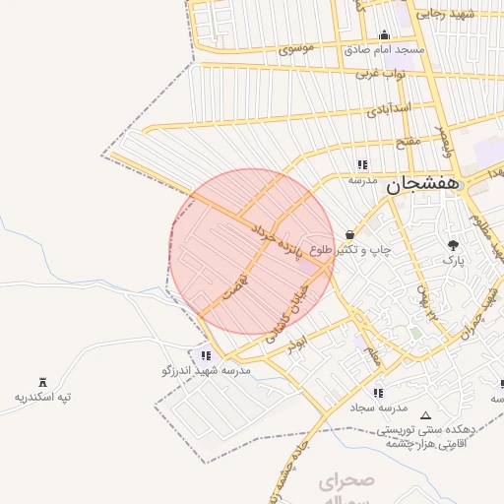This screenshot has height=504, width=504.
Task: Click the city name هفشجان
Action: [423, 184]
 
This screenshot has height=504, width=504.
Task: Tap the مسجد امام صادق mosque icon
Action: [384, 36]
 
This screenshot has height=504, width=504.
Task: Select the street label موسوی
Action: [296, 47]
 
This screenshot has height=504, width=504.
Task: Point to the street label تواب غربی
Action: [380, 74]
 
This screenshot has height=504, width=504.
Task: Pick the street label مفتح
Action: [408, 141]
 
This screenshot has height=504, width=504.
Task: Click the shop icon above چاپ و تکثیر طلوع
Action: [350, 234]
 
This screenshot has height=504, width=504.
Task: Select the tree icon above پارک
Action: [453, 245]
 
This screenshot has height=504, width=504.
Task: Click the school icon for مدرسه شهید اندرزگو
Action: [206, 355]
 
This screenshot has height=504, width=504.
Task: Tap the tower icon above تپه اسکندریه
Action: [42, 382]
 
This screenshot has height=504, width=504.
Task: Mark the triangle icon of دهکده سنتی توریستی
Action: [425, 415]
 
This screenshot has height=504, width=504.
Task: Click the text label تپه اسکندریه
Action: [42, 398]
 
